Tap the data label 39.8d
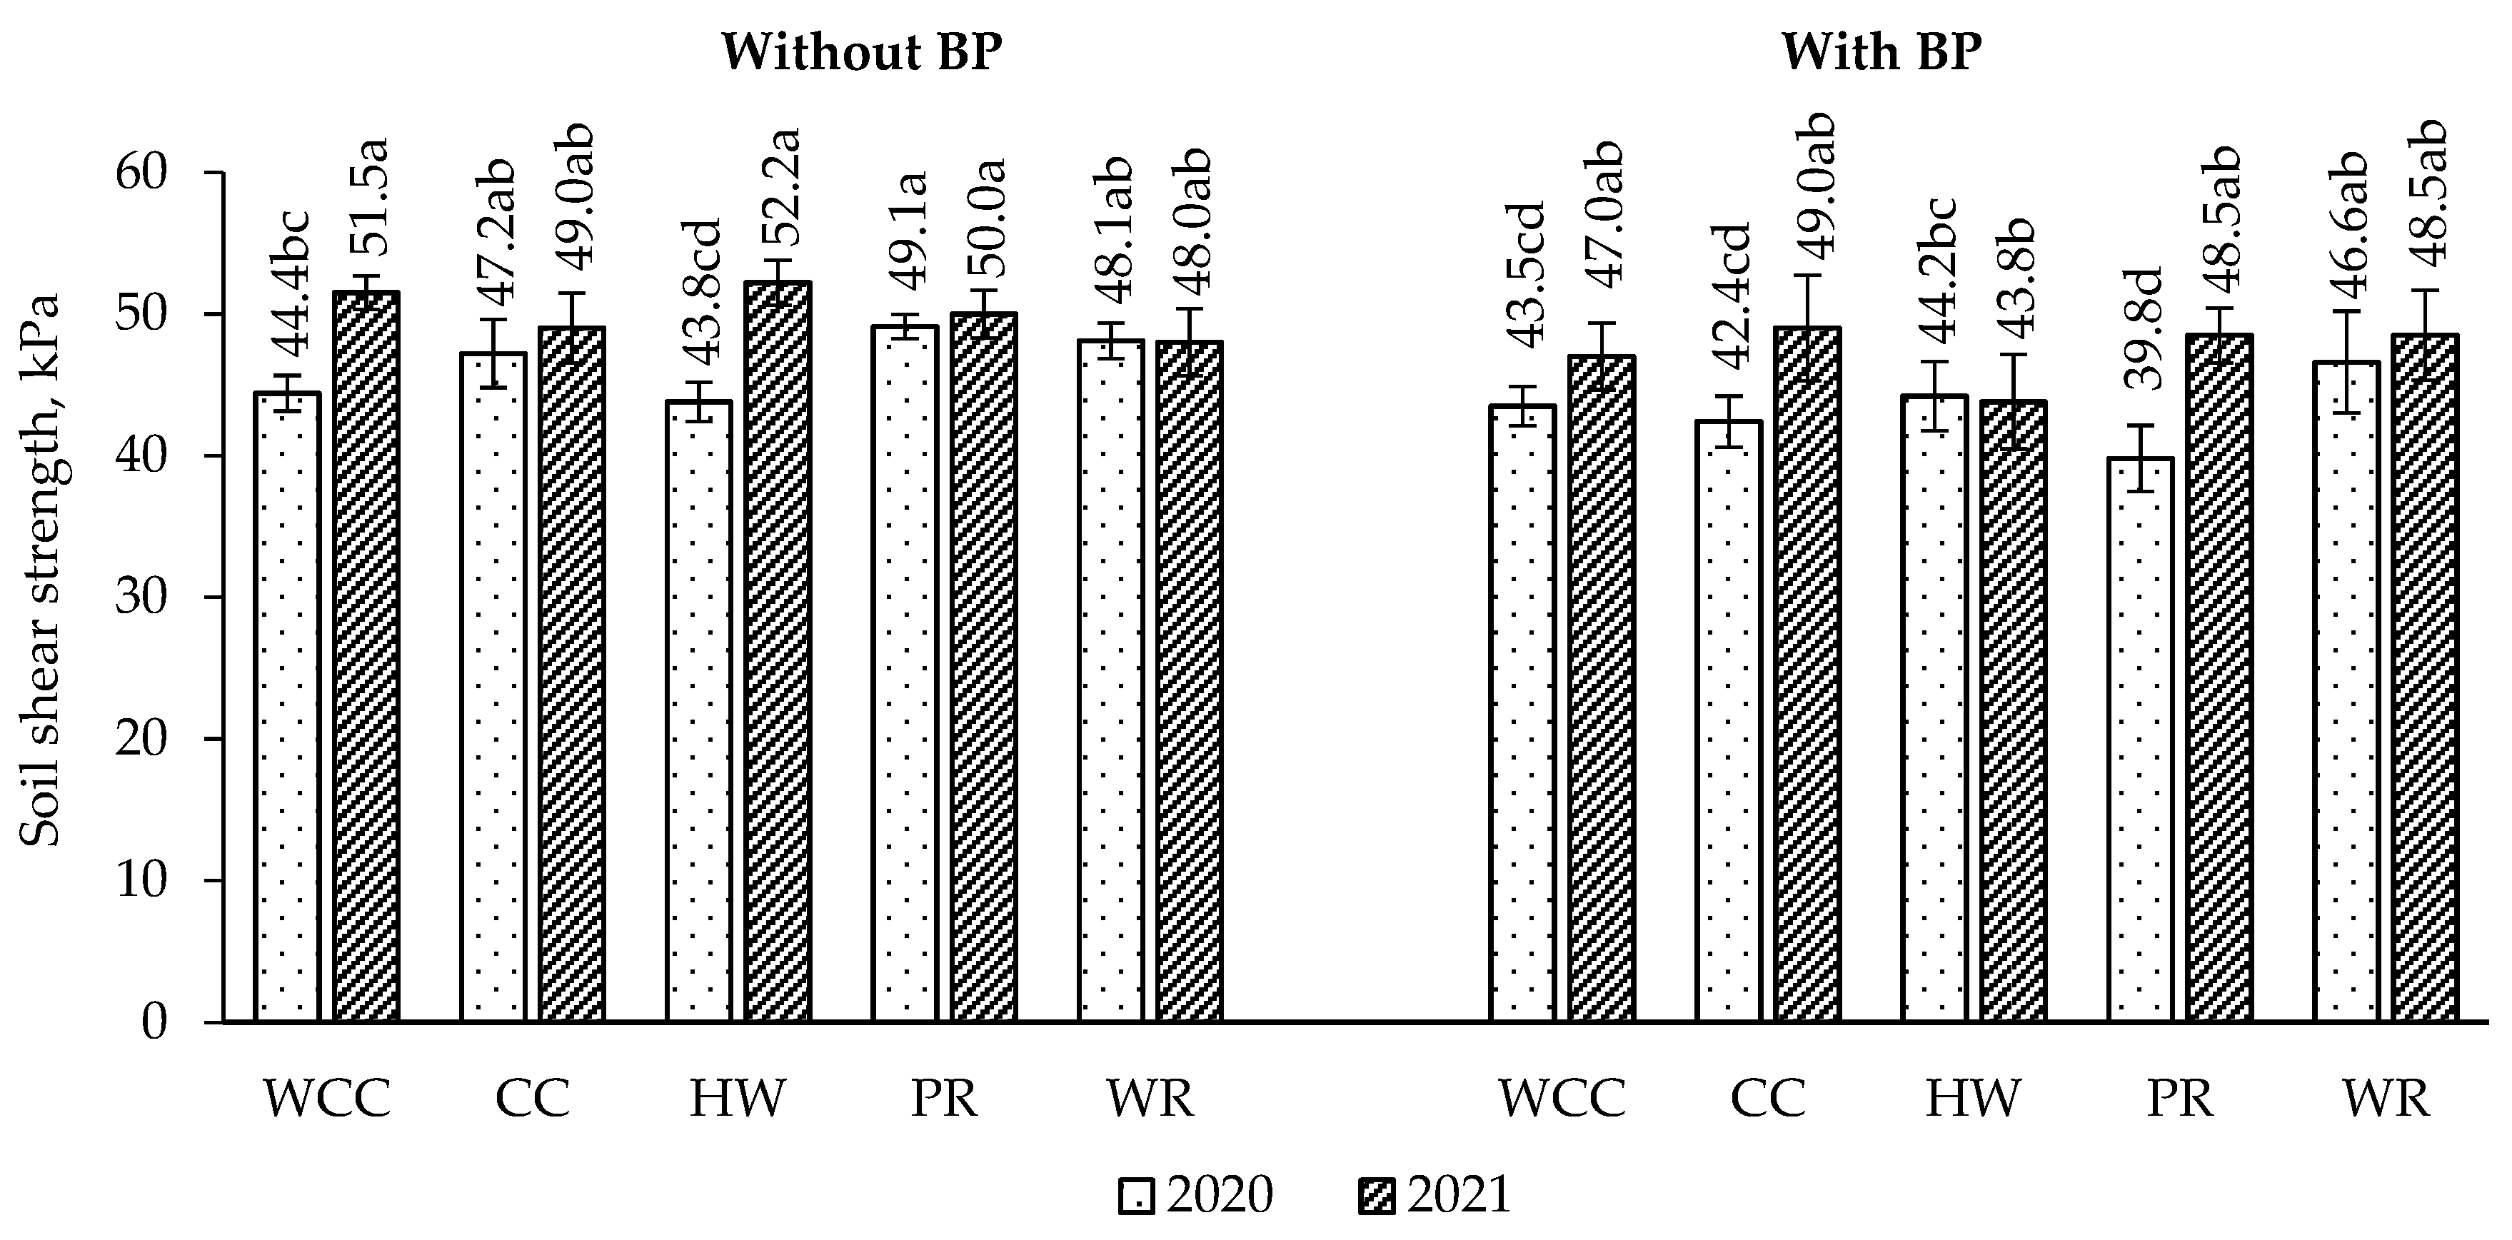2139,328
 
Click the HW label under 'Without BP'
737,1099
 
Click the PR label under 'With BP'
2181,1099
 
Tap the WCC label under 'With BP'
1562,1099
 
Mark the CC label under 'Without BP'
533,1099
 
